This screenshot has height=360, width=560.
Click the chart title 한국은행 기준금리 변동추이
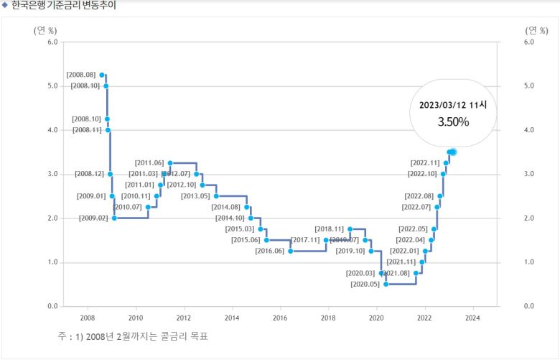pos(63,6)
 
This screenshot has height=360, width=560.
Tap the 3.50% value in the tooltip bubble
pos(453,121)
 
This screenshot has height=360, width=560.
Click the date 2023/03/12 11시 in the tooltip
pos(453,105)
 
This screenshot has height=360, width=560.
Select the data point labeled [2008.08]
pos(102,75)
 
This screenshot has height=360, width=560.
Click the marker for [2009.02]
pos(114,218)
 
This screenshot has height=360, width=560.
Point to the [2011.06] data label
pos(149,163)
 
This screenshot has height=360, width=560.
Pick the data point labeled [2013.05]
pos(216,196)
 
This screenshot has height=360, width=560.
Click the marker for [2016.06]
pos(291,251)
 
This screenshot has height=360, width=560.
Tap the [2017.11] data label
pos(305,240)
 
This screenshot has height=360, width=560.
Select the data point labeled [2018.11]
pos(350,229)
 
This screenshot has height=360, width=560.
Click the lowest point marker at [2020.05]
pos(386,285)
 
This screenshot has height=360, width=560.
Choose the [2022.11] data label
pos(425,163)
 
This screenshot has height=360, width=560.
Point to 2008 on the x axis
pos(87,317)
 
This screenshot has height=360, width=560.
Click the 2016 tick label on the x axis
pos(280,317)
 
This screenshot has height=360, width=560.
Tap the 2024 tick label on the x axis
pos(472,317)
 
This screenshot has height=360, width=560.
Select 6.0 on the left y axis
pos(52,42)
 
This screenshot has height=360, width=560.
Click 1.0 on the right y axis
pos(530,262)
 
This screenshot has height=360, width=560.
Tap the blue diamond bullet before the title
pos(5,6)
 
